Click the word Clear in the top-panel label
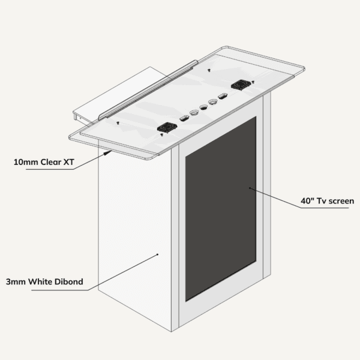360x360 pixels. (x=51, y=162)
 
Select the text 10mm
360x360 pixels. (x=26, y=162)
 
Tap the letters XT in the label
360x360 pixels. (x=68, y=162)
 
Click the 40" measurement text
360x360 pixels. (x=307, y=200)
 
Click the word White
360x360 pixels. (x=40, y=281)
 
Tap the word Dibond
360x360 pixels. (x=68, y=281)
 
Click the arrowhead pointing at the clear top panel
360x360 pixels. (x=108, y=152)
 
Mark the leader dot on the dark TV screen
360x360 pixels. (x=250, y=188)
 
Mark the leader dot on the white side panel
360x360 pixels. (x=157, y=254)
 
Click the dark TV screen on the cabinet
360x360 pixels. (x=221, y=209)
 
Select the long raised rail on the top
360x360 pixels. (x=148, y=90)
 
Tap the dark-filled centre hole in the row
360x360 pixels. (x=203, y=107)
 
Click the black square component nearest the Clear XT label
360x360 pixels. (x=167, y=127)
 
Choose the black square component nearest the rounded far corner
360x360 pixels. (x=241, y=85)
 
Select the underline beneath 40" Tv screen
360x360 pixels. (x=325, y=208)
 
